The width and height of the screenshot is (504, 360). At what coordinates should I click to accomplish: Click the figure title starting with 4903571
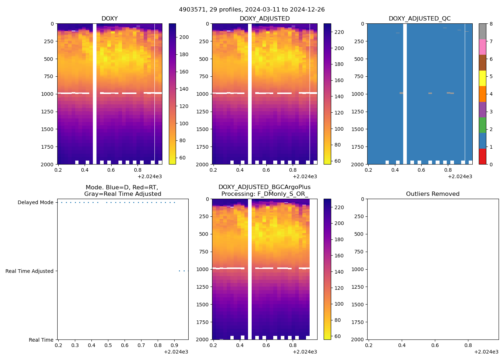click(x=252, y=10)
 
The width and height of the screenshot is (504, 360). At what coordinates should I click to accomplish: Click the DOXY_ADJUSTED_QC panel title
click(x=419, y=19)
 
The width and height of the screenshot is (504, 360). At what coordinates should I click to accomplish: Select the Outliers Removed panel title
click(x=432, y=194)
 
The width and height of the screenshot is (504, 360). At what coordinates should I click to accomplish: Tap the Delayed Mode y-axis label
click(x=36, y=203)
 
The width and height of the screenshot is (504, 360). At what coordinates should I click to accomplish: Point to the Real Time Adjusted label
click(x=30, y=271)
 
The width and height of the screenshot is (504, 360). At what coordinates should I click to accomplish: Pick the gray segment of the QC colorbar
click(x=482, y=31)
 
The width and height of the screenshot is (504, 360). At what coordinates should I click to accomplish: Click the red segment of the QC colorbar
click(x=482, y=157)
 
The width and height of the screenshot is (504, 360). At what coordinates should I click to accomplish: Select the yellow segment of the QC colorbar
click(x=482, y=78)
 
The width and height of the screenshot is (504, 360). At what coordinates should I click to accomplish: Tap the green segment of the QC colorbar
click(x=482, y=125)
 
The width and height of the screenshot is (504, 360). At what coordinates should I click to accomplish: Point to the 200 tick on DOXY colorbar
click(x=184, y=37)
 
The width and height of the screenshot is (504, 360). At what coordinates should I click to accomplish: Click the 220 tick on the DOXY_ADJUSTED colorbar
click(x=339, y=32)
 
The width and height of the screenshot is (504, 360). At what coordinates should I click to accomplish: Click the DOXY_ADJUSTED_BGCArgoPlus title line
click(x=264, y=187)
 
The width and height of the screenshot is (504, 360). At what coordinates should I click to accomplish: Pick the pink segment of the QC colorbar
click(x=482, y=47)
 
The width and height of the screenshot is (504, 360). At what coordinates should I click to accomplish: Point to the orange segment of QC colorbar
click(x=482, y=94)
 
